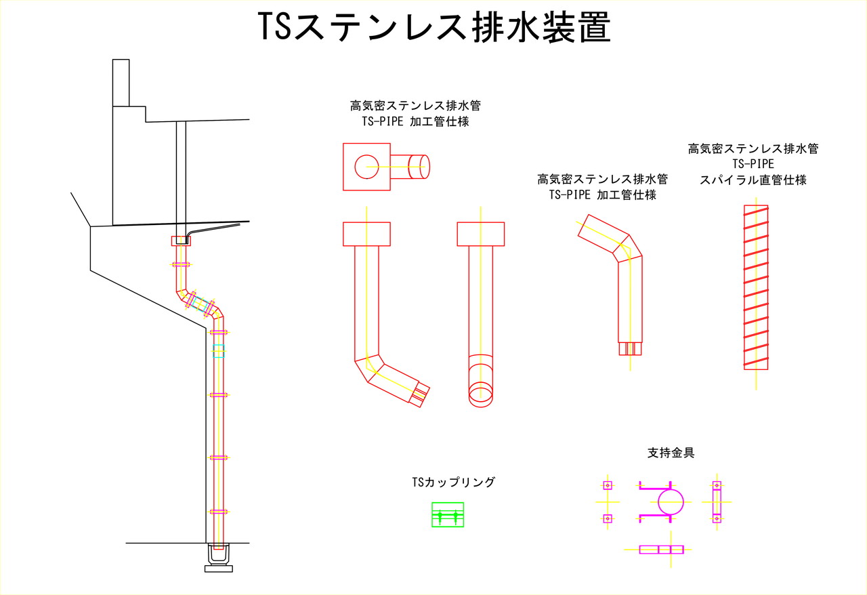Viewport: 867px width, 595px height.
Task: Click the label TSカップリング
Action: (454, 483)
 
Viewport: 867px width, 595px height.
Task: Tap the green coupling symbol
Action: (448, 515)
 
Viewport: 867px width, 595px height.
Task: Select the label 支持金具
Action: (671, 453)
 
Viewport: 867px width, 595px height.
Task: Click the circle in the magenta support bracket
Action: (671, 503)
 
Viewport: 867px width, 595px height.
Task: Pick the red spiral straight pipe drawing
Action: (756, 287)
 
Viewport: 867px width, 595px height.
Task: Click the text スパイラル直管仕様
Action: (753, 180)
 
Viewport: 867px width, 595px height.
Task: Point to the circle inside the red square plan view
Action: (366, 166)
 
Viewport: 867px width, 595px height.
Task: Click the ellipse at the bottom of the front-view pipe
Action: (482, 392)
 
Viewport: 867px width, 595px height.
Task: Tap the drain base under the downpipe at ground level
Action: (218, 560)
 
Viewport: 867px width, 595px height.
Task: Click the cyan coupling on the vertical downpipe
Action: (218, 350)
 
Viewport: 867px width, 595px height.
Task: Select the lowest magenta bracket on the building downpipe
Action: (218, 511)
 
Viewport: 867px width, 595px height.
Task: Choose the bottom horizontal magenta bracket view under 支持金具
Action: (661, 549)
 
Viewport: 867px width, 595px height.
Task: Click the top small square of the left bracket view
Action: (608, 485)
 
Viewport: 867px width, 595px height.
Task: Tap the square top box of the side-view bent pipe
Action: (366, 234)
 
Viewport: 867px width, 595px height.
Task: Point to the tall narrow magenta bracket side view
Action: (717, 502)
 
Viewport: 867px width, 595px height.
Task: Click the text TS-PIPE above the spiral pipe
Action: (753, 164)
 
